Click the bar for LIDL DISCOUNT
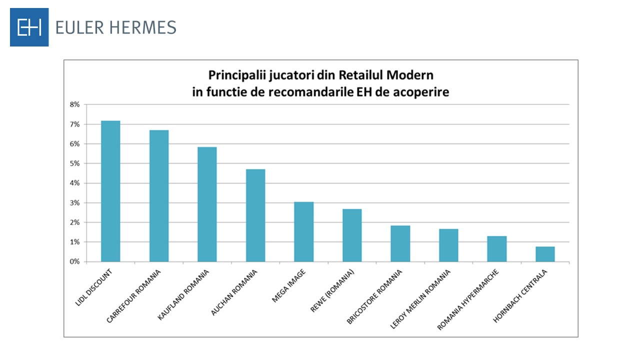(110, 191)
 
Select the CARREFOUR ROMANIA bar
(159, 196)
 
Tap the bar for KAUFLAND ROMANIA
(207, 204)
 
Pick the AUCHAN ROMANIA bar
(255, 215)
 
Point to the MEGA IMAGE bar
(303, 232)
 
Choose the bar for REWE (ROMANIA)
(352, 235)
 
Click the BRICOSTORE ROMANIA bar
(400, 243)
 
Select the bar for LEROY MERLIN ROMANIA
(448, 245)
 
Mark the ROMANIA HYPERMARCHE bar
(497, 249)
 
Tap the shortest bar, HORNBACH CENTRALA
(545, 254)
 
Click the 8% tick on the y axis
(74, 104)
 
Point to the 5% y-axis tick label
(74, 163)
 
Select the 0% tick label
(74, 261)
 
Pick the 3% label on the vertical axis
(74, 203)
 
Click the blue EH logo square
(29, 27)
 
